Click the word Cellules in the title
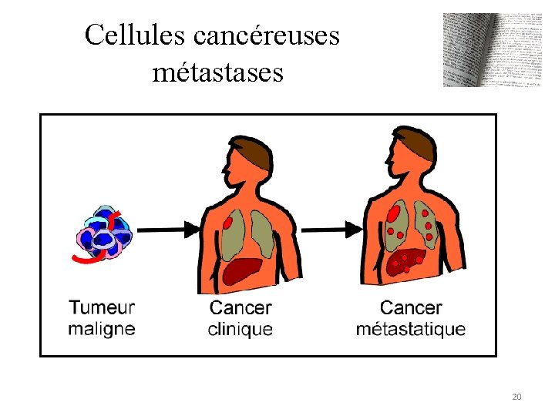126,35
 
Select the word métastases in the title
218,72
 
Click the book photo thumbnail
482,49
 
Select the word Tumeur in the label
102,307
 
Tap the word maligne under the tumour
102,328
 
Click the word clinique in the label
240,328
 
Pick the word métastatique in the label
410,328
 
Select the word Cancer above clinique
240,307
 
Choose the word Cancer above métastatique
410,307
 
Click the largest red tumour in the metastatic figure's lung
394,212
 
